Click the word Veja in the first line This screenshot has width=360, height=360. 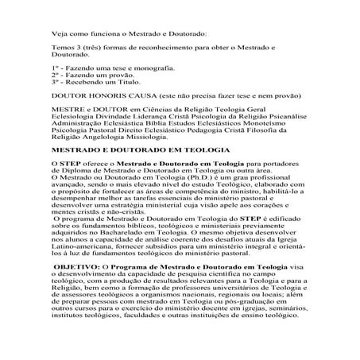(58, 33)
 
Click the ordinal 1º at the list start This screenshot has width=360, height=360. (55, 72)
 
